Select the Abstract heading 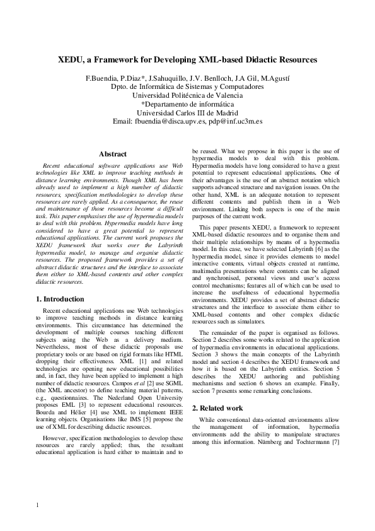coord(113,154)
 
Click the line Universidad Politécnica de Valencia coord(187,95)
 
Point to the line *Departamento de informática coord(187,104)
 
